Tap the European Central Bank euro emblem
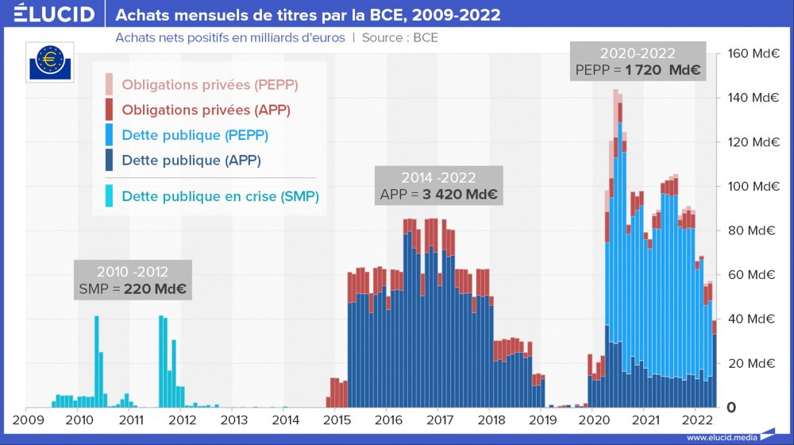tap(52, 60)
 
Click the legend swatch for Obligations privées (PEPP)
tap(109, 83)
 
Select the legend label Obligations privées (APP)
tap(206, 110)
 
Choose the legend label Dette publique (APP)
tap(191, 161)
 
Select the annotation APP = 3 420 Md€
tap(440, 195)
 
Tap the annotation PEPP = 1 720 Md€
tap(638, 71)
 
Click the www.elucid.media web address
tap(721, 437)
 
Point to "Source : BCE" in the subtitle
tap(399, 37)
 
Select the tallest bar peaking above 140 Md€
tap(615, 238)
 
